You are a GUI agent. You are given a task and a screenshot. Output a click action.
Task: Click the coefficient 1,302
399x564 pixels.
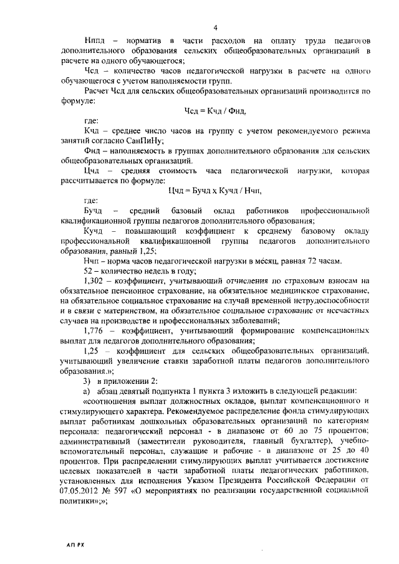[x=94, y=282]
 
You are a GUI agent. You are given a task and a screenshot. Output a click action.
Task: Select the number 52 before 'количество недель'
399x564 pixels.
[x=89, y=271]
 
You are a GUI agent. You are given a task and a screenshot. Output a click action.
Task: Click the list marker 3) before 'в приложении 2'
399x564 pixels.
[x=87, y=381]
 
